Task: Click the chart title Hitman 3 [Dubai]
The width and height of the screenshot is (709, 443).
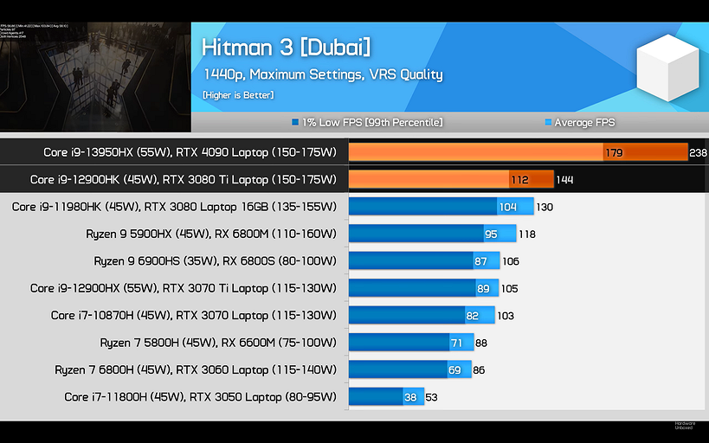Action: tap(286, 47)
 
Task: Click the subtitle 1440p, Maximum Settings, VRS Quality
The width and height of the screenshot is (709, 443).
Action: tap(323, 74)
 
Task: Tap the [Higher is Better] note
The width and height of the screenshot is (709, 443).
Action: tap(238, 94)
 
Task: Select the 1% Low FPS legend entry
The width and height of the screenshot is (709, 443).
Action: tap(368, 123)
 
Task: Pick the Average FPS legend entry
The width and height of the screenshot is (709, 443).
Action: tap(579, 123)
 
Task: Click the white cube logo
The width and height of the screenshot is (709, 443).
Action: tap(667, 68)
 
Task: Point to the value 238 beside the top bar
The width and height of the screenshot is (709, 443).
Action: tap(698, 152)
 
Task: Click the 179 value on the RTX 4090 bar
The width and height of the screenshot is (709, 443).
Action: tap(615, 153)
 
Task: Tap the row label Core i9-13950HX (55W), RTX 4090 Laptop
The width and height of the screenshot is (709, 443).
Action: tap(190, 152)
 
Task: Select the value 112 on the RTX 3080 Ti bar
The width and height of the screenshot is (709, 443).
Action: tap(519, 180)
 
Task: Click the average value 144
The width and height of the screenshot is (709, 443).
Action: tap(564, 180)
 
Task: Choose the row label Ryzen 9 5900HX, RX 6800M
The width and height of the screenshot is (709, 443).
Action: tap(210, 234)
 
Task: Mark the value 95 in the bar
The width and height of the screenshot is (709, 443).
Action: tap(491, 234)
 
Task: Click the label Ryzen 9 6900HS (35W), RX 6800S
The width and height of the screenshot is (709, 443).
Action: tap(215, 260)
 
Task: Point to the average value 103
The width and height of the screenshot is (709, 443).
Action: tap(506, 316)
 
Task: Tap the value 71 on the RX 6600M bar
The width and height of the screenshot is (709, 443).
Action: tap(457, 343)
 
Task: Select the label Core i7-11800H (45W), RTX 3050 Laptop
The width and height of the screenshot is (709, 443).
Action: tap(200, 397)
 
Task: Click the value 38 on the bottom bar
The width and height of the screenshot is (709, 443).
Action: tap(410, 398)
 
